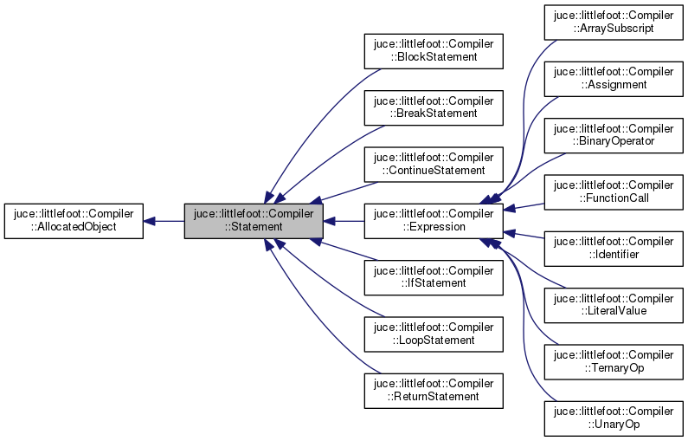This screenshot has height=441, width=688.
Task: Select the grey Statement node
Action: [254, 221]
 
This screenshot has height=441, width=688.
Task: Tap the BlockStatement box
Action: [434, 51]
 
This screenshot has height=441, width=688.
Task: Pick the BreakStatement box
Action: [434, 107]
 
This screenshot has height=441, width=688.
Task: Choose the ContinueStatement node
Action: [434, 164]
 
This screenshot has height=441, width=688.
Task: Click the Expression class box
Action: [434, 221]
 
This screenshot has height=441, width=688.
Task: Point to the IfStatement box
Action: [434, 277]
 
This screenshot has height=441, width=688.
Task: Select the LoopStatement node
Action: [434, 334]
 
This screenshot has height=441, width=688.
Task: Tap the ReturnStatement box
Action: [434, 390]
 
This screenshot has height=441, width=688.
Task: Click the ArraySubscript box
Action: [614, 23]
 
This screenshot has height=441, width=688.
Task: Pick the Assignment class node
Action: [614, 79]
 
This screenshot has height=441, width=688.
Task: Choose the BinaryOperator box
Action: [614, 135]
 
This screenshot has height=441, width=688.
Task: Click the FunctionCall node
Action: [614, 191]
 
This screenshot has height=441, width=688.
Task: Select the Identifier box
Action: [614, 249]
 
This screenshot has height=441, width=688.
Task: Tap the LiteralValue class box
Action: [614, 305]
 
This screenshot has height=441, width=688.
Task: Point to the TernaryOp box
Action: [614, 361]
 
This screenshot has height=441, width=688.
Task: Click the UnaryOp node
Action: [614, 418]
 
